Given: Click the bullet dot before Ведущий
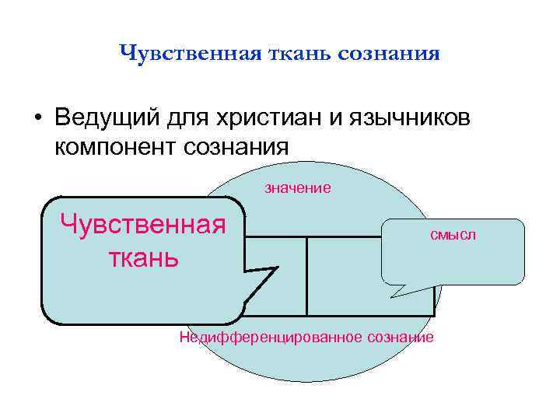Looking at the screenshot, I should pos(37,119).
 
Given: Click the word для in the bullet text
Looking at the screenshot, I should pos(186,119).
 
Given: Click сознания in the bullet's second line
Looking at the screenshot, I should pos(236,146).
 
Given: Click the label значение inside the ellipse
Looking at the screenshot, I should pos(298,187).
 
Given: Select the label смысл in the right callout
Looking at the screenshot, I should pos(452,234).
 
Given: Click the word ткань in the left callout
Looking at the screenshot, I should pos(143,256).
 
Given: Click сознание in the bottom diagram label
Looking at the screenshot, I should pos(400,337).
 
